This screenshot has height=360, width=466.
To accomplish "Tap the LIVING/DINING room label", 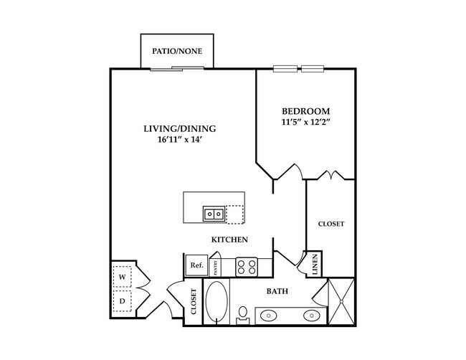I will click(x=179, y=129).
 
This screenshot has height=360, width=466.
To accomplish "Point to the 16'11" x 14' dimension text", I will click(x=179, y=141).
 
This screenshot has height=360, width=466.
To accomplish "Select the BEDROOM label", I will click(x=305, y=111).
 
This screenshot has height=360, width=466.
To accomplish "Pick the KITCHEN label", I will click(x=229, y=240).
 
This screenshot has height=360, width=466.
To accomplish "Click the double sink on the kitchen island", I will click(x=214, y=213).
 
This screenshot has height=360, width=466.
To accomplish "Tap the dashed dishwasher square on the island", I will click(x=234, y=214).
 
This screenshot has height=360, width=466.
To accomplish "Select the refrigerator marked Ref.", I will click(x=196, y=265).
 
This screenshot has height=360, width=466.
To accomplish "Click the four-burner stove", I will click(x=247, y=267).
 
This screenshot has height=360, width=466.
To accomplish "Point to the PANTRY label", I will click(x=214, y=267).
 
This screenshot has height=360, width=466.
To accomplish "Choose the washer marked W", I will click(x=122, y=277).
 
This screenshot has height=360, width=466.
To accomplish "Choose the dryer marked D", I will click(x=122, y=301).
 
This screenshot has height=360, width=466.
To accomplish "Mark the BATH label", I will click(x=277, y=292).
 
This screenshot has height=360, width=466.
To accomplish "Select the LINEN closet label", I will click(x=315, y=265).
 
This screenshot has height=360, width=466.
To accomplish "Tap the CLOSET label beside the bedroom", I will click(x=331, y=224).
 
